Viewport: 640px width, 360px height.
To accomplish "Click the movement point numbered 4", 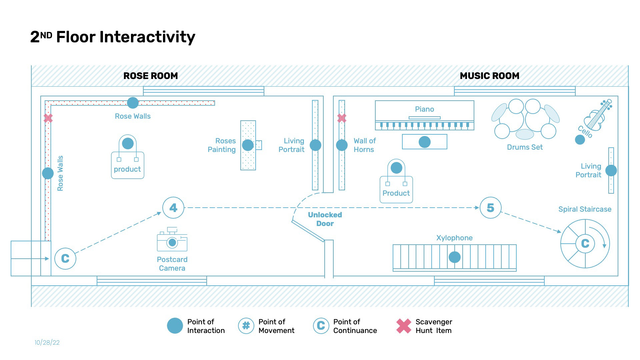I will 173,208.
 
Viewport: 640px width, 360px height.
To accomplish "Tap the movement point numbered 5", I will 490,208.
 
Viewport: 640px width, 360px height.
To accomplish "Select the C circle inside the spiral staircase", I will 585,244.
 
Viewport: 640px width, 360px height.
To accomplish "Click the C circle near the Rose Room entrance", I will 65,259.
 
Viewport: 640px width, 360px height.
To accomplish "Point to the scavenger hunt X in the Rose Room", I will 48,118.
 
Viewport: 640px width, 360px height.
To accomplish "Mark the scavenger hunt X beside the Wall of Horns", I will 342,118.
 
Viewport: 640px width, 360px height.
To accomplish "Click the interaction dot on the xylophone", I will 454,257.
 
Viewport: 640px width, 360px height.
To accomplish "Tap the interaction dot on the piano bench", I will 424,142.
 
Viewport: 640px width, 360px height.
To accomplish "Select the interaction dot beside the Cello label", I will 580,140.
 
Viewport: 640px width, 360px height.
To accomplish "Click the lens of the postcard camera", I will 172,243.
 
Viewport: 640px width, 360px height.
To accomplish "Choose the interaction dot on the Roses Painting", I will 248,145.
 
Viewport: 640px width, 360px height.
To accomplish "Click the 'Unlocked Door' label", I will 325,219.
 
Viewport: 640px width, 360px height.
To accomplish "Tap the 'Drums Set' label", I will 525,147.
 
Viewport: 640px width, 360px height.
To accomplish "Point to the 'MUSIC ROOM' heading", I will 489,76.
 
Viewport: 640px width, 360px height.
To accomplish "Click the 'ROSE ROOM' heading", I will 151,76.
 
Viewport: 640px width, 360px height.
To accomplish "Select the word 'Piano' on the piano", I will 424,109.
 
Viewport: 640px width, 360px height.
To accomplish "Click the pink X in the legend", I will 404,326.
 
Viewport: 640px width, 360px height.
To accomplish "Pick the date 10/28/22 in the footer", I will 47,343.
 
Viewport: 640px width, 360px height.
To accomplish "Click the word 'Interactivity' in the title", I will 147,37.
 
